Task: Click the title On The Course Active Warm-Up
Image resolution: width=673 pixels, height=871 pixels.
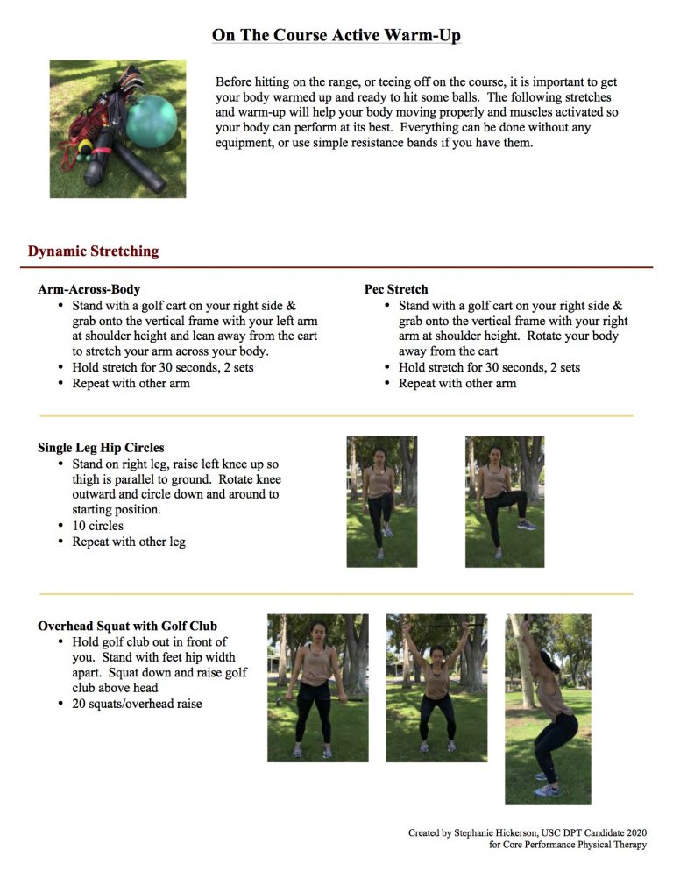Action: (x=336, y=36)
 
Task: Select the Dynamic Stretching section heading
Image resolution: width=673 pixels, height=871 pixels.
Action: (x=93, y=251)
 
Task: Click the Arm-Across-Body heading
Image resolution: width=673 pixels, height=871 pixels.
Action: (x=89, y=289)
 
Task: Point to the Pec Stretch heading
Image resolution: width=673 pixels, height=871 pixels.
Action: (x=396, y=289)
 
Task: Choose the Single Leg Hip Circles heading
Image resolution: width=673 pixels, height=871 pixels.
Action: (x=101, y=447)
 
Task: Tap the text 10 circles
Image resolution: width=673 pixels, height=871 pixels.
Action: (x=97, y=526)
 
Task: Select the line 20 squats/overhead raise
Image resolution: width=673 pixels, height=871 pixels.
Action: (x=137, y=703)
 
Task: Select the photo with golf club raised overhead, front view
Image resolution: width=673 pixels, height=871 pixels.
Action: (x=436, y=687)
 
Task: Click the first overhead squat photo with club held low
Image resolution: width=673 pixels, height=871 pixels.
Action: (x=317, y=687)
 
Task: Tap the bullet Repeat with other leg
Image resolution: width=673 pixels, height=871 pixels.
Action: (x=129, y=542)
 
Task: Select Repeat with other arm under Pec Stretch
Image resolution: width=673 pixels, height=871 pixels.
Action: (x=457, y=384)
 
